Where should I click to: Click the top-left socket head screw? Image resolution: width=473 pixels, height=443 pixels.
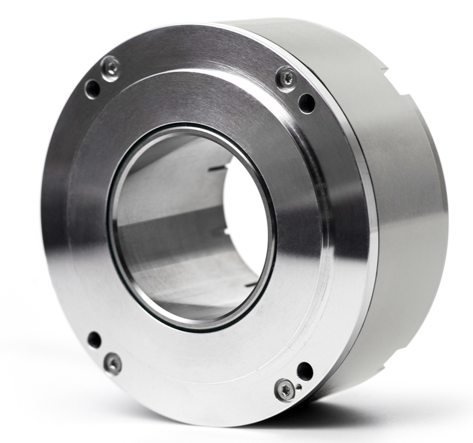(111, 68)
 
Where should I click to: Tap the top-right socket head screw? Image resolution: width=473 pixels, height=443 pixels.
(286, 78)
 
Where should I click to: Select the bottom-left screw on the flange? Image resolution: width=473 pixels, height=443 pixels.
(112, 363)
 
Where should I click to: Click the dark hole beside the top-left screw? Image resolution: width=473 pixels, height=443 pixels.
(92, 89)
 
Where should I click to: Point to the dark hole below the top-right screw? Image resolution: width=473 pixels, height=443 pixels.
(307, 103)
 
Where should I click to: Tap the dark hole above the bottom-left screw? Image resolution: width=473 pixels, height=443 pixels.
(94, 340)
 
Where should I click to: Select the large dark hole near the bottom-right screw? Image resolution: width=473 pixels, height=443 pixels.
(305, 371)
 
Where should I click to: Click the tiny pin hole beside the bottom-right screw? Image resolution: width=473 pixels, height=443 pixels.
(298, 386)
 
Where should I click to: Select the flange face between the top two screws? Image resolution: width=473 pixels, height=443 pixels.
(199, 54)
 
